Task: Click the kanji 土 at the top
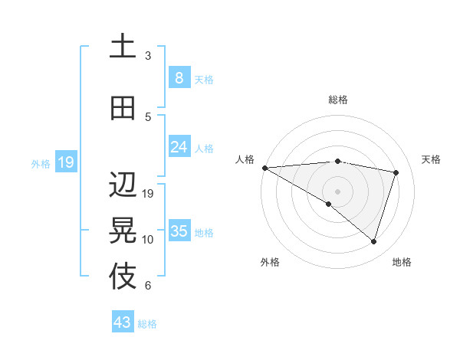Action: (123, 47)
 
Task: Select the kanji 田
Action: (123, 107)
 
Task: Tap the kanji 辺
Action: (123, 185)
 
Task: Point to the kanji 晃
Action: (123, 230)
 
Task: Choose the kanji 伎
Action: (123, 277)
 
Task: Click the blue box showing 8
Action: (179, 77)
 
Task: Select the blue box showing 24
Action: (179, 146)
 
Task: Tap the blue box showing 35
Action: (179, 231)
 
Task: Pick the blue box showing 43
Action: (123, 322)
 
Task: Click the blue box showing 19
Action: (66, 162)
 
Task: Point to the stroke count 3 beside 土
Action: (148, 56)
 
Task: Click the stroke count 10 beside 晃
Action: (148, 240)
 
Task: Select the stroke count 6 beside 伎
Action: (148, 286)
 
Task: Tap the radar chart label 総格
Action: (337, 100)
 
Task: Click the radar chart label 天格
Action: (432, 159)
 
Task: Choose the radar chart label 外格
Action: (270, 262)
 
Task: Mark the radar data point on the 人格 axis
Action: (264, 167)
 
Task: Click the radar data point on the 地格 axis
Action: (373, 241)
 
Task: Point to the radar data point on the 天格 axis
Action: (396, 172)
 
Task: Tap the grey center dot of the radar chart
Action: (337, 191)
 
